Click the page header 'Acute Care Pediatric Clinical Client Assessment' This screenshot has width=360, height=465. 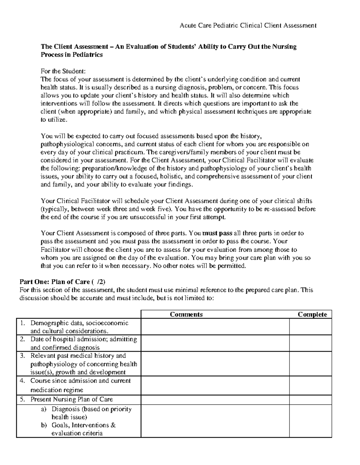point(248,26)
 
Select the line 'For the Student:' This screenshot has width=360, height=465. point(63,71)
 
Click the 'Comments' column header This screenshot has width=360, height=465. point(186,314)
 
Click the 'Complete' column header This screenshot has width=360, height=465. point(312,314)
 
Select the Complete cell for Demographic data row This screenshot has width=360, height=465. point(310,327)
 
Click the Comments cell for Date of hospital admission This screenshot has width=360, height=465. point(215,343)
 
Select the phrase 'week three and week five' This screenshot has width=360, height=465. point(136,209)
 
